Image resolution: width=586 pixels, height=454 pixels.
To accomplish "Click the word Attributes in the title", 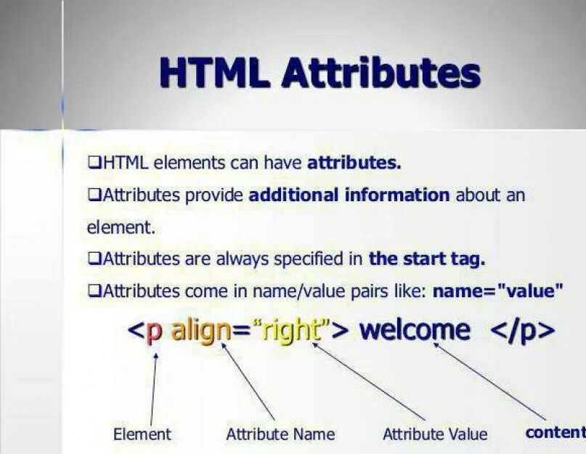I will tap(380, 73).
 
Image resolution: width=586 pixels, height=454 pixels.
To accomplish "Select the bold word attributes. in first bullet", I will tap(354, 163).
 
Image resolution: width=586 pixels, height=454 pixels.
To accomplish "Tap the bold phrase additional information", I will tap(349, 195).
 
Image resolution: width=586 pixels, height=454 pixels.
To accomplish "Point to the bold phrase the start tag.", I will tap(427, 258).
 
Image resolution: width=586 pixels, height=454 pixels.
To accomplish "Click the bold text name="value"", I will tap(498, 291).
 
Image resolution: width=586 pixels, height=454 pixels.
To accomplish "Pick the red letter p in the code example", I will tap(154, 332).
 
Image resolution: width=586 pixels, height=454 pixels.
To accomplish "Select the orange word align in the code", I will tap(201, 331).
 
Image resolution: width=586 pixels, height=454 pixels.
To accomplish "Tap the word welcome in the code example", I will tap(415, 331).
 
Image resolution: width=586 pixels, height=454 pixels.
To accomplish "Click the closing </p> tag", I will tap(523, 331).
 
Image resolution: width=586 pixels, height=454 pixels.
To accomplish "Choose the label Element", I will tap(142, 434).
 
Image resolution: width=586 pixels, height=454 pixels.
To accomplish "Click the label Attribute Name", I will tap(280, 434).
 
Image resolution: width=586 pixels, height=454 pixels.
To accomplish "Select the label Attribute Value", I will tap(435, 434).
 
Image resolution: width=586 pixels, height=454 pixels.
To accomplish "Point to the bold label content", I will tap(555, 433).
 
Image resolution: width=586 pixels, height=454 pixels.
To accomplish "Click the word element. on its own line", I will tap(121, 227).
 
